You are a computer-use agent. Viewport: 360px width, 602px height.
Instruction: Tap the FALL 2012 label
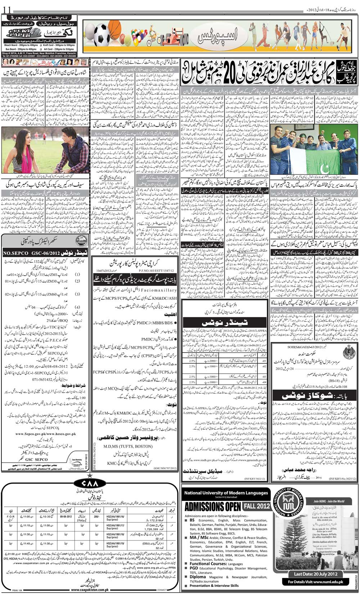pos(255,506)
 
